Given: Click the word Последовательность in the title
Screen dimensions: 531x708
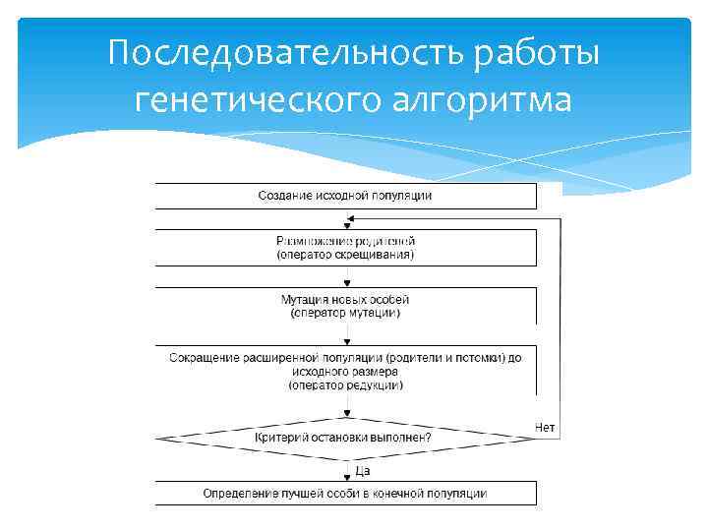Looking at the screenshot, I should (286, 53).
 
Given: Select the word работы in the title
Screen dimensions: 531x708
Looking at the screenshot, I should (537, 53).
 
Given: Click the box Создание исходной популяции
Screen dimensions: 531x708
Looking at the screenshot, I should (345, 195).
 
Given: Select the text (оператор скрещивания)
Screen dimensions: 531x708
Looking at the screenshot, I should (345, 255).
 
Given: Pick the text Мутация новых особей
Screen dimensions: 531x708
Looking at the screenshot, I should (345, 299).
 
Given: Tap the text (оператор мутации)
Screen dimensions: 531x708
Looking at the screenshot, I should (345, 313).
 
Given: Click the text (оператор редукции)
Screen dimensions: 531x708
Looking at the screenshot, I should (345, 385).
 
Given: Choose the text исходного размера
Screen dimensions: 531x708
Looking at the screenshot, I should (345, 372).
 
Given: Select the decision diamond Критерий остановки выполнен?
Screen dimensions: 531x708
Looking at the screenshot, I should (345, 436).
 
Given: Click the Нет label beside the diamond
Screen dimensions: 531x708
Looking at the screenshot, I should (545, 428).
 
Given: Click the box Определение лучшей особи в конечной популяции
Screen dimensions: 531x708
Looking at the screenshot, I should (345, 493).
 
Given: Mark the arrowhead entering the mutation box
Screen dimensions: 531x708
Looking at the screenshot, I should (346, 283).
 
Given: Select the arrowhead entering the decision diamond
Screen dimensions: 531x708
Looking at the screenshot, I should (346, 413).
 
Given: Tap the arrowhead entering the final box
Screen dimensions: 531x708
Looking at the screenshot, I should (346, 477).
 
